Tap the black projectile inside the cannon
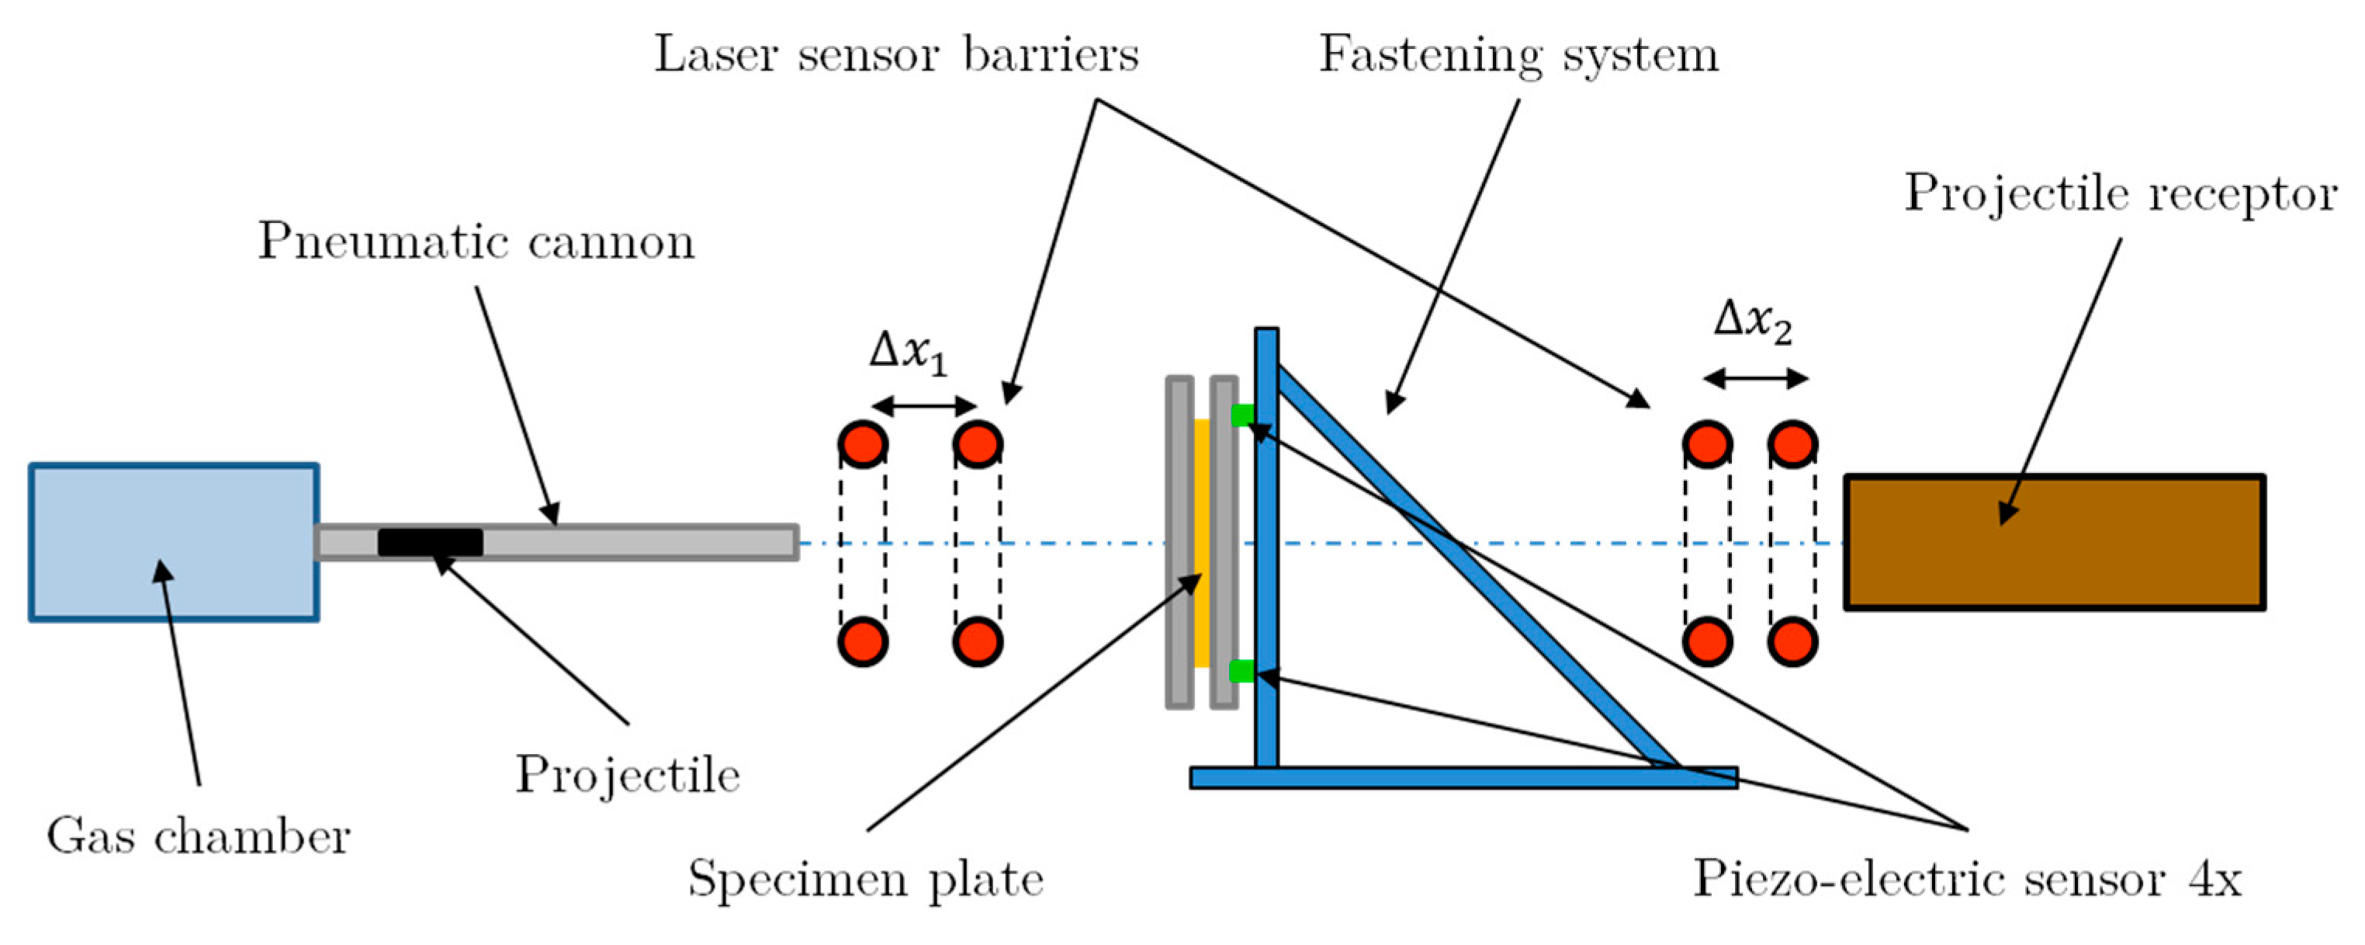click(x=430, y=542)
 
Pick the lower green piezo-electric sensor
click(x=1241, y=672)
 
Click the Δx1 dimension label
click(x=908, y=352)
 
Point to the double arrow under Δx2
click(x=1755, y=377)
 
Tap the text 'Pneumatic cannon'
click(x=476, y=242)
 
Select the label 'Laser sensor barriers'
click(x=896, y=55)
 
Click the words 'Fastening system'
click(x=1518, y=55)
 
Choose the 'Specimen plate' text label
click(x=866, y=879)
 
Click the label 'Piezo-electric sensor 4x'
click(x=1966, y=879)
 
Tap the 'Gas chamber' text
click(x=199, y=836)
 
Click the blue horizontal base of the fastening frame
click(x=1463, y=778)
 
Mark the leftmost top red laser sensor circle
click(x=862, y=443)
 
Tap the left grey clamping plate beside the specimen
click(x=1179, y=542)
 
